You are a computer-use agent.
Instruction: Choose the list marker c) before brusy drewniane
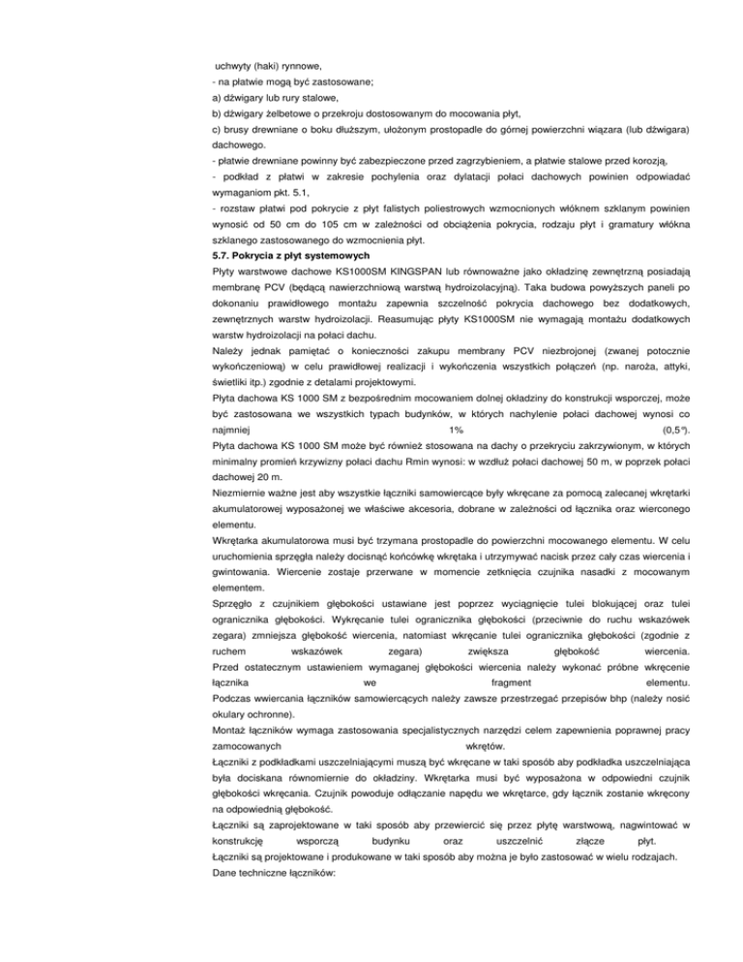click(x=218, y=130)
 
